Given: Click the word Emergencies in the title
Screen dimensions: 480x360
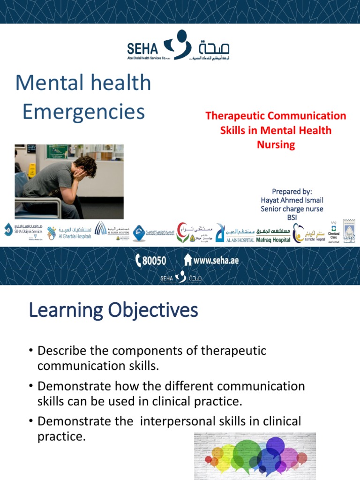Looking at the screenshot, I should tap(84, 112).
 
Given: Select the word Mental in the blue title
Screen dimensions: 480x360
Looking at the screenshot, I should tap(45, 83).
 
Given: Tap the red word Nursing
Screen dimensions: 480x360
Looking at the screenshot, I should tap(276, 145).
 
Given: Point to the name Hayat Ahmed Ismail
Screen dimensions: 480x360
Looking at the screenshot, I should tap(292, 200).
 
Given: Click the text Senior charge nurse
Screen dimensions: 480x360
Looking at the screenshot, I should tap(292, 209).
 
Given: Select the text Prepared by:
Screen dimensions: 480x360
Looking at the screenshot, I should tap(292, 191).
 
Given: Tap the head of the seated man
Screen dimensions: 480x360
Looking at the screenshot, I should tap(85, 166).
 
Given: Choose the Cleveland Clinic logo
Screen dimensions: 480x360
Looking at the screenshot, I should tap(333, 231).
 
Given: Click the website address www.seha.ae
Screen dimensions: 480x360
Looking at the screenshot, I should tap(211, 260).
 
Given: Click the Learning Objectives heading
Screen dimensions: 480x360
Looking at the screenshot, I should tap(113, 310).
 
